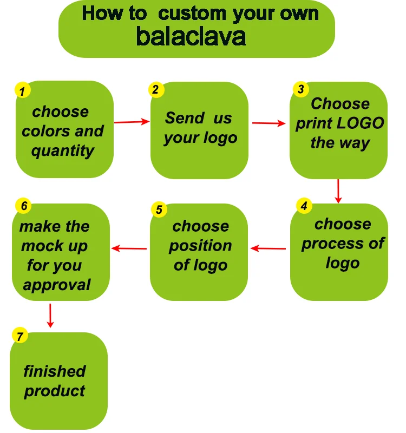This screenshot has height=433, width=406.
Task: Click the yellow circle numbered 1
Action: (x=22, y=91)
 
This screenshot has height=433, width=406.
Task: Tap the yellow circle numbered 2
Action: (x=155, y=90)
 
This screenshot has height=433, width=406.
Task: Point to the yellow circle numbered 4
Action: (x=304, y=206)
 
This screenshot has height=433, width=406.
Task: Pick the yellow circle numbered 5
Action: (x=158, y=209)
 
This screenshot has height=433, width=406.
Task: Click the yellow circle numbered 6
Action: (x=23, y=206)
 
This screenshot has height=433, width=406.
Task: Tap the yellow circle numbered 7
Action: (x=19, y=336)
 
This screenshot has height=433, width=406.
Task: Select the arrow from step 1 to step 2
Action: (x=132, y=122)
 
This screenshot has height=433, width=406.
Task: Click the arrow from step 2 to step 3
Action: (x=269, y=123)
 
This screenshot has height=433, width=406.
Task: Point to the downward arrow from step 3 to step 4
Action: (x=338, y=191)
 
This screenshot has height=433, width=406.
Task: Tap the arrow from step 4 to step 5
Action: (x=269, y=248)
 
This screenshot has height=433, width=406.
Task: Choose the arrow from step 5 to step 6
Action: (x=129, y=248)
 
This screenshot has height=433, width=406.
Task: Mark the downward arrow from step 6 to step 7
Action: (x=50, y=315)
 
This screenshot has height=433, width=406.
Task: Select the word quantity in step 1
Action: (x=63, y=150)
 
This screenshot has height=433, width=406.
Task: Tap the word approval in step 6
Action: (x=57, y=285)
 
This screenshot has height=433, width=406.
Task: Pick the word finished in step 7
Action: (x=55, y=371)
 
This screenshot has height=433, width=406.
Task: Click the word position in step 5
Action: (x=200, y=246)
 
